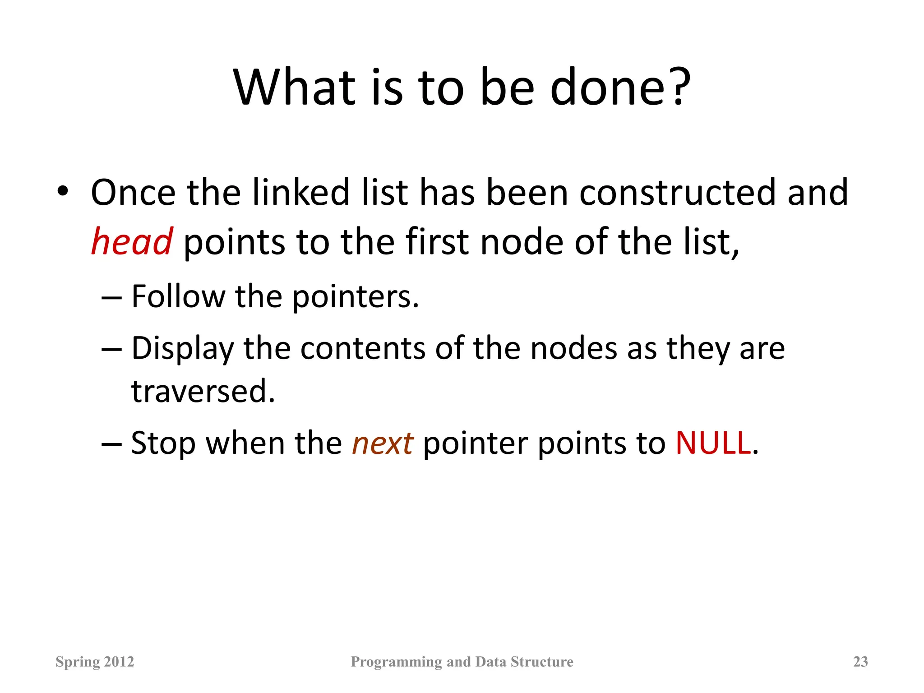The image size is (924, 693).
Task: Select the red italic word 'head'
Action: click(x=131, y=242)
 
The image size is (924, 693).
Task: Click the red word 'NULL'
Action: click(x=713, y=443)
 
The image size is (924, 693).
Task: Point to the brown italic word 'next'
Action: click(x=382, y=443)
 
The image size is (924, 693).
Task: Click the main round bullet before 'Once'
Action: click(x=63, y=191)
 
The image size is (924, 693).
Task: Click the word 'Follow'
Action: click(x=178, y=297)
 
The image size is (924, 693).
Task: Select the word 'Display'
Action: click(x=182, y=349)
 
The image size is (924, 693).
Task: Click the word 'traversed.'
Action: click(x=203, y=391)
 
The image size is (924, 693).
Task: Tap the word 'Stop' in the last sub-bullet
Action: click(x=163, y=444)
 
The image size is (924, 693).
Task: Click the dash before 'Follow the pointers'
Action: click(x=111, y=298)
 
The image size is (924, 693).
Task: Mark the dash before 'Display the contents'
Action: click(x=111, y=350)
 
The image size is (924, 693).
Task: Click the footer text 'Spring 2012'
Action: click(x=95, y=661)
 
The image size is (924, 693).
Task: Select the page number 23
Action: click(x=860, y=661)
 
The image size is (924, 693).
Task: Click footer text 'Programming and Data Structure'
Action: click(x=462, y=661)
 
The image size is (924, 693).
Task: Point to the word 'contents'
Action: click(x=363, y=349)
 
